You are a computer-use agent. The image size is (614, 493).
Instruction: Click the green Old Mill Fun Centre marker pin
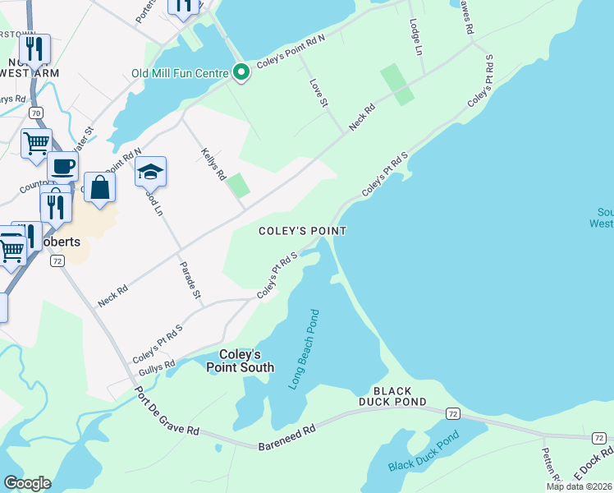click(x=241, y=73)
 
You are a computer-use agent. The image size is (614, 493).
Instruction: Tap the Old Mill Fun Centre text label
click(x=180, y=73)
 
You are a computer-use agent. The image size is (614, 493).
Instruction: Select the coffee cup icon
click(x=63, y=167)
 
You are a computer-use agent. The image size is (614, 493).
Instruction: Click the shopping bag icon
click(x=99, y=187)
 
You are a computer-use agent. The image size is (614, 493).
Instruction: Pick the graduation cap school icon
click(x=151, y=172)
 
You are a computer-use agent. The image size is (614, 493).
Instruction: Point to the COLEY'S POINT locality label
click(x=302, y=232)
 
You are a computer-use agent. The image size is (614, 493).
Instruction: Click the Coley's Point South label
click(x=241, y=361)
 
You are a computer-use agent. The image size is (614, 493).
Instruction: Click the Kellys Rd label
click(x=212, y=165)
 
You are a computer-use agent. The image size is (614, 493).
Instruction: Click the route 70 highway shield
click(x=34, y=112)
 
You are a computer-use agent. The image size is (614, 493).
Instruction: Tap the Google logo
click(x=27, y=483)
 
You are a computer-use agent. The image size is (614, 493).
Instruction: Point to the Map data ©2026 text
click(x=579, y=486)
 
